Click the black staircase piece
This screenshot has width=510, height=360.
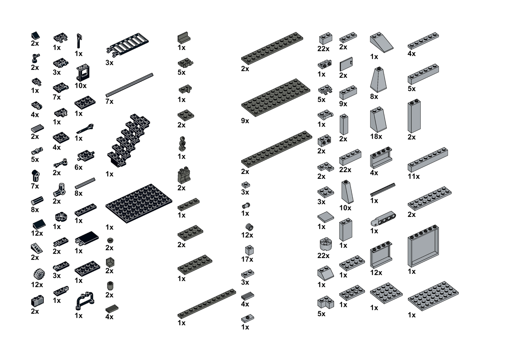click(x=129, y=141)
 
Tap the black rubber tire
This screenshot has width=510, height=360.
click(x=39, y=274)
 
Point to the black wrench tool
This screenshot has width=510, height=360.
click(x=85, y=128)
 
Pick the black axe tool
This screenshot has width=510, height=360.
click(x=79, y=41)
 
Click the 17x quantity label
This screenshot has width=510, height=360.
click(x=247, y=259)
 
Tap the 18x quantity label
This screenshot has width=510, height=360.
click(x=376, y=136)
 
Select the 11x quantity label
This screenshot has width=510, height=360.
click(x=413, y=176)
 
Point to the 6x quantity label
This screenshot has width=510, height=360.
click(x=79, y=167)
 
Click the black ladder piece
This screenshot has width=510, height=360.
click(x=127, y=44)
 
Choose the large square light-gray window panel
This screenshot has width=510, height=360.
click(x=423, y=246)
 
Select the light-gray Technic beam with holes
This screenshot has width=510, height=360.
click(x=383, y=218)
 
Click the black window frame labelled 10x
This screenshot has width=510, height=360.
click(x=83, y=72)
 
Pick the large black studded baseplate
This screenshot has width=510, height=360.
click(x=139, y=203)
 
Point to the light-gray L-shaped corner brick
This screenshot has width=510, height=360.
click(x=326, y=302)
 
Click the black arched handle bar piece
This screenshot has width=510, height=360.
click(x=85, y=301)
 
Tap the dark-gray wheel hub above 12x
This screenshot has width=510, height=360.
click(x=250, y=227)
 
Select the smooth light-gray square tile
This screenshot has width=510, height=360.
click(x=326, y=217)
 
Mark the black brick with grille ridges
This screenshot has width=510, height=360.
click(x=38, y=301)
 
